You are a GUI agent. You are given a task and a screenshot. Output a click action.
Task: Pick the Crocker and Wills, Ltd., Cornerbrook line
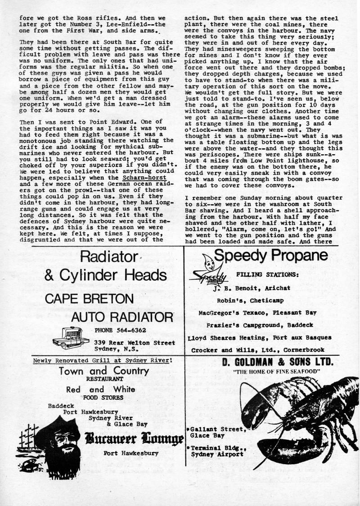point(261,350)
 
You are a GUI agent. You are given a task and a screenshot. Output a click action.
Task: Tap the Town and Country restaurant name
point(103,371)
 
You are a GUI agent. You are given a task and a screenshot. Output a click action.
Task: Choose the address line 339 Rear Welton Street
point(135,343)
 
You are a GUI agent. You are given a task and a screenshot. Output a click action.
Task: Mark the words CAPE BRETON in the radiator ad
point(89,298)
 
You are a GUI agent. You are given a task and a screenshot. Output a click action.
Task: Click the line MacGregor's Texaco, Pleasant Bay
point(258,313)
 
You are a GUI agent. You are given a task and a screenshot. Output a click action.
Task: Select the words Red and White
point(100,390)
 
